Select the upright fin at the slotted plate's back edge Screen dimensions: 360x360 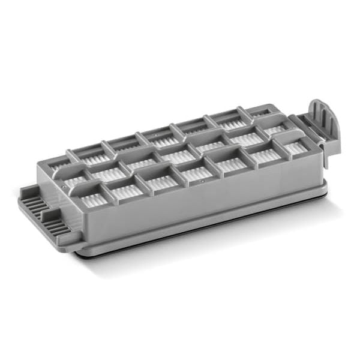point(25,195)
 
